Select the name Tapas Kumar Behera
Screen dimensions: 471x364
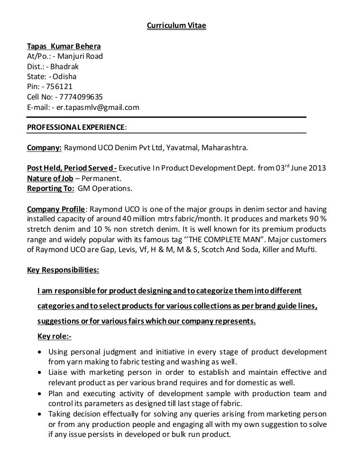[x=64, y=47]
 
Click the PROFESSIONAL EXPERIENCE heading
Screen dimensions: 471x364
[x=76, y=127]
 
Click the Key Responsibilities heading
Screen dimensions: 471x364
[x=63, y=270]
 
